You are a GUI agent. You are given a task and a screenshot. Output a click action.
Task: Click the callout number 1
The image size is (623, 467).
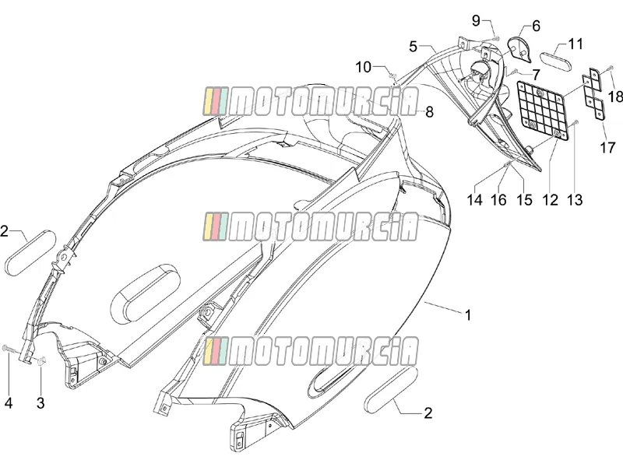[468, 315]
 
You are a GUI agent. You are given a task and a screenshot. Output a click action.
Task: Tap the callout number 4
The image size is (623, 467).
[9, 402]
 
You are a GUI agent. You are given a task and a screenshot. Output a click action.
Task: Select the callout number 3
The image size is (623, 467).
[40, 402]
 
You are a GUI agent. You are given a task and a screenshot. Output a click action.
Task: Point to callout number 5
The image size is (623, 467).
[414, 47]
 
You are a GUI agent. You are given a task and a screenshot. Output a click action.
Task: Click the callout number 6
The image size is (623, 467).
[536, 26]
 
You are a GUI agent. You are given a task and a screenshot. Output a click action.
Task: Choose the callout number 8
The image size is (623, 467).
[429, 112]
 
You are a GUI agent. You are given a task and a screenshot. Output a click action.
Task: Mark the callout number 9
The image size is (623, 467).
[476, 20]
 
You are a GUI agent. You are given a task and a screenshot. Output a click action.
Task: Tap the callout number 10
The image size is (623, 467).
[363, 67]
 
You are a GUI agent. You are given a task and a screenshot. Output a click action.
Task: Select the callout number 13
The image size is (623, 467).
[575, 200]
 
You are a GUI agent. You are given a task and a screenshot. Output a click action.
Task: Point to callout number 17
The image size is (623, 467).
[607, 148]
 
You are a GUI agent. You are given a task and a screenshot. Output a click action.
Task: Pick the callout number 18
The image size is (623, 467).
[615, 97]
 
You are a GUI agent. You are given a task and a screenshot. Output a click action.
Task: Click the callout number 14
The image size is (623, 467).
[474, 200]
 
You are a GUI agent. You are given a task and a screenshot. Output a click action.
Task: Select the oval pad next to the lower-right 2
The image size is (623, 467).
[391, 390]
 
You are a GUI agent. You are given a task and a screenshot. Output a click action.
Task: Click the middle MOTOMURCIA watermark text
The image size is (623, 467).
[310, 226]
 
